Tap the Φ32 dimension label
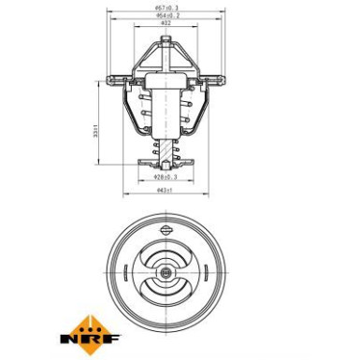pos(166,27)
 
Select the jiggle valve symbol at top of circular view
pos(166,231)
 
